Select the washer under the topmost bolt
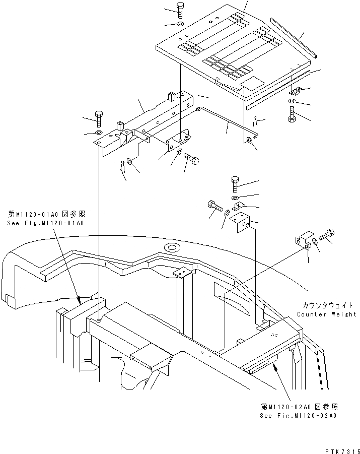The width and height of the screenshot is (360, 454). (x=180, y=24)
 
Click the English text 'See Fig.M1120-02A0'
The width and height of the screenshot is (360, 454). (x=298, y=416)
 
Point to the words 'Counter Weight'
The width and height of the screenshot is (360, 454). (x=326, y=314)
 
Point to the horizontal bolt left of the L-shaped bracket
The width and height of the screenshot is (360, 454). (x=214, y=206)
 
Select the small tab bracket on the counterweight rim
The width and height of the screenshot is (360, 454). (x=181, y=273)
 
